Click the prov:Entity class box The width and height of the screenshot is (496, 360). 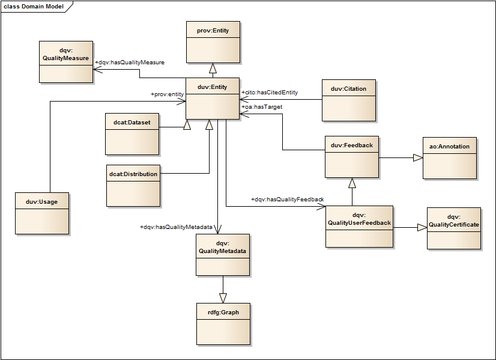click(213, 41)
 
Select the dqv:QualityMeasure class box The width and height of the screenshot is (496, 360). click(65, 61)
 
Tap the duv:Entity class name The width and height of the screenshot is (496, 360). click(212, 87)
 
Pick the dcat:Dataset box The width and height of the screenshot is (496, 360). click(132, 133)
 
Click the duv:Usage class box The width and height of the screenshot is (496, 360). click(42, 213)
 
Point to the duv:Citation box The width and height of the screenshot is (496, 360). click(348, 100)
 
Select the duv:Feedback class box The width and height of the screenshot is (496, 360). click(352, 157)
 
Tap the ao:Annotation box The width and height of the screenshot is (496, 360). click(449, 157)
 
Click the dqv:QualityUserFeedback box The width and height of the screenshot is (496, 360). click(359, 226)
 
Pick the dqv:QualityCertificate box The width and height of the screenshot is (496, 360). click(453, 228)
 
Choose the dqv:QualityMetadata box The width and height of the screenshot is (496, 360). click(223, 254)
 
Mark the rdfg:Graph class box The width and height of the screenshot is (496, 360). click(223, 324)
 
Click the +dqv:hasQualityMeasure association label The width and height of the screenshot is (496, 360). click(130, 63)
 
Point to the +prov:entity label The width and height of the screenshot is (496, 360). click(167, 94)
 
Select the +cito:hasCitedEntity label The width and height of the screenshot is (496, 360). click(270, 93)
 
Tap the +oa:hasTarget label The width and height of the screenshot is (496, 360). click(262, 107)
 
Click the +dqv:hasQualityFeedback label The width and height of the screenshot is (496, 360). click(287, 200)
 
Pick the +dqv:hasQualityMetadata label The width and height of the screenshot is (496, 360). click(176, 227)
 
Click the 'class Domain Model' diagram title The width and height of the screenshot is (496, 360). click(34, 6)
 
